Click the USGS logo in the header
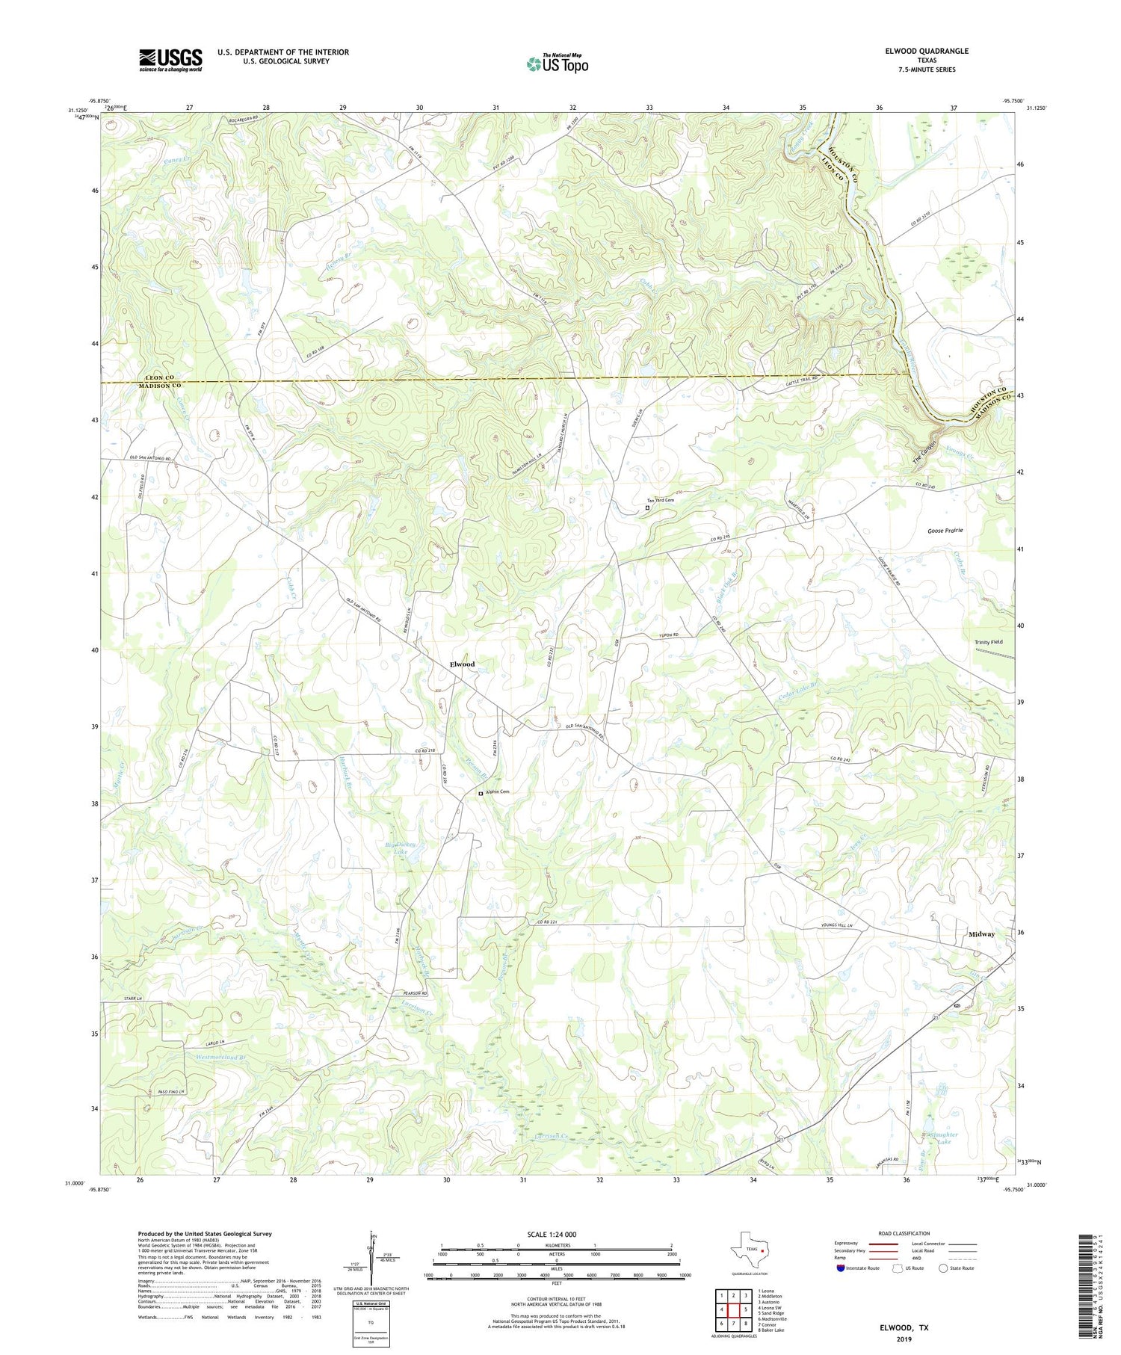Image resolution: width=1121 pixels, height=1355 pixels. (x=170, y=60)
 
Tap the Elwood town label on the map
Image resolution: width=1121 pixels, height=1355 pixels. (x=462, y=664)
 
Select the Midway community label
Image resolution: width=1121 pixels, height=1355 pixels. (x=981, y=934)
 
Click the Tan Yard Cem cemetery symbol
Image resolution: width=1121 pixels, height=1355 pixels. (x=647, y=508)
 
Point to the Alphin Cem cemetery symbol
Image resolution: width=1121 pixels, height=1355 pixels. (x=481, y=794)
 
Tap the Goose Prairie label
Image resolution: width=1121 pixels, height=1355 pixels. (x=945, y=530)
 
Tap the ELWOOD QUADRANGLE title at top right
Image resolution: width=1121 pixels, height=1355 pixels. (x=924, y=51)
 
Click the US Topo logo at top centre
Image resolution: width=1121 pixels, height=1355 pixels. (x=557, y=64)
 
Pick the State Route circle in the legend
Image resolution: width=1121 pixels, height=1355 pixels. (x=944, y=1268)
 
